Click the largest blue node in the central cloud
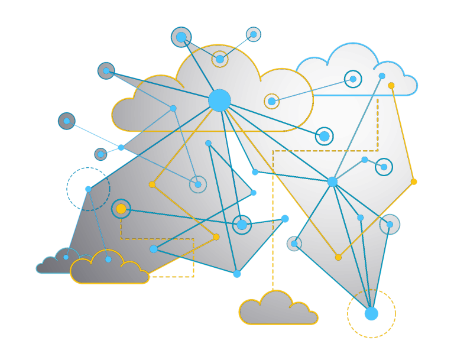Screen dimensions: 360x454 click(x=219, y=100)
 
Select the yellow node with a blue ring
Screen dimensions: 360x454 click(x=121, y=209)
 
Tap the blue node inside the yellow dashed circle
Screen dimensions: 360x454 click(x=371, y=314)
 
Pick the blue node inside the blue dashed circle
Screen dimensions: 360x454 click(x=88, y=189)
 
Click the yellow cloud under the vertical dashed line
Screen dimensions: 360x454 click(x=278, y=310)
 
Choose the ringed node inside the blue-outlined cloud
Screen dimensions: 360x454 click(x=353, y=79)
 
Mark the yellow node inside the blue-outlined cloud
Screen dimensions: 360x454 click(x=391, y=86)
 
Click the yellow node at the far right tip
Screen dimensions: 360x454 click(x=414, y=181)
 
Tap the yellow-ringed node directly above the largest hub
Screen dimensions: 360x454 click(x=220, y=59)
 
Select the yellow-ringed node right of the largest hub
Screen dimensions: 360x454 click(x=271, y=101)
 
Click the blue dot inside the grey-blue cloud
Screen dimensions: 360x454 click(x=66, y=257)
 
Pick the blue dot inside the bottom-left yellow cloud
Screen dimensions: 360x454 click(x=108, y=260)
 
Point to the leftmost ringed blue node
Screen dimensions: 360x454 click(x=67, y=121)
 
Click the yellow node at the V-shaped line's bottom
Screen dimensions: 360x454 click(x=338, y=257)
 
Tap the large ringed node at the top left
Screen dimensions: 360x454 click(x=181, y=37)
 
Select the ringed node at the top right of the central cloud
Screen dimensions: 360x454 click(x=254, y=34)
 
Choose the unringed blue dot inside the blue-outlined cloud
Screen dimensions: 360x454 click(x=382, y=76)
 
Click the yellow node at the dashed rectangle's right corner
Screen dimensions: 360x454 click(x=216, y=237)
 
